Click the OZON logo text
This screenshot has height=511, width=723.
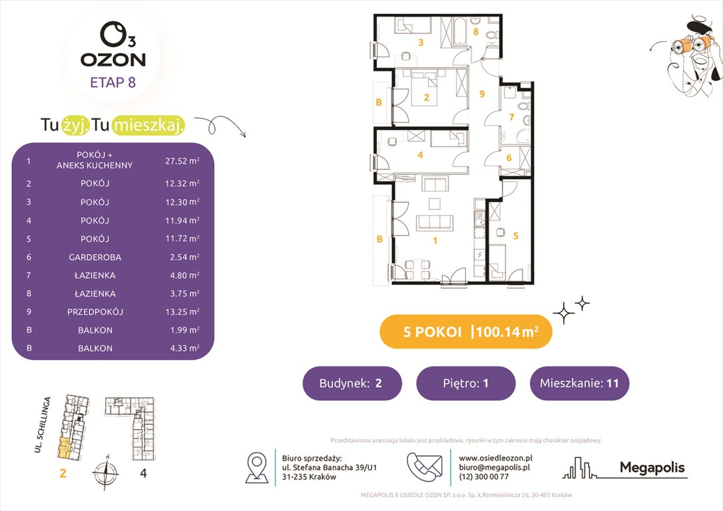coord(113,59)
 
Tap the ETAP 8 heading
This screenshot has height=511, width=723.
coord(113,83)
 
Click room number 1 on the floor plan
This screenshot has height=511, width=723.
coord(435,241)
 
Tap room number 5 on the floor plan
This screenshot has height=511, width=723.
coord(515,235)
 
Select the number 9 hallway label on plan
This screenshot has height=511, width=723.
coord(482,94)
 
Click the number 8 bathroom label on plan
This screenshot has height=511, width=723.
coord(475,31)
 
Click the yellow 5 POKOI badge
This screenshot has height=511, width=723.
coord(465,332)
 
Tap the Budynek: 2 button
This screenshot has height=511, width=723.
coord(352,383)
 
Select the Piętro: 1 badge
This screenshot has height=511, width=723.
coord(465,383)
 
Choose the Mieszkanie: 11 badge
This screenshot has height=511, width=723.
coord(579,383)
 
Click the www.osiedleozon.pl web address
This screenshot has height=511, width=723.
coord(495,458)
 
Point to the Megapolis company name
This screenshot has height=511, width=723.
coord(652,468)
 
